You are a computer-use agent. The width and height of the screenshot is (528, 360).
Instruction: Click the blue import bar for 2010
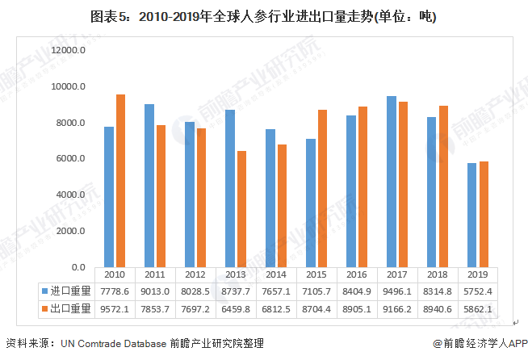coord(109,197)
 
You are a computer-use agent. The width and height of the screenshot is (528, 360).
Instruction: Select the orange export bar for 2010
coord(120,181)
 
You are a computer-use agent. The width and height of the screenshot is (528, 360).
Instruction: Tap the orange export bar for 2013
coord(241,209)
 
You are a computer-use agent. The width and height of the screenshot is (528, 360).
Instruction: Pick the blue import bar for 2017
coord(392,182)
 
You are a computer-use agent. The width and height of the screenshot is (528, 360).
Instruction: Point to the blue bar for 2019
coord(471,215)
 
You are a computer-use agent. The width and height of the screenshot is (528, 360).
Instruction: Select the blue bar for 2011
coord(149,186)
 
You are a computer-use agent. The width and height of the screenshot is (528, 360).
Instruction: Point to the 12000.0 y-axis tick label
coord(69,50)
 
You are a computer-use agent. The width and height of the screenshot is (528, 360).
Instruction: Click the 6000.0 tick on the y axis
coord(71,159)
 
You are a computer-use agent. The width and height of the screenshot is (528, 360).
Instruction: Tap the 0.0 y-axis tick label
coord(78,267)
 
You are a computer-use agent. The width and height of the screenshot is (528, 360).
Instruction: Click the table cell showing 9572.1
coord(115,308)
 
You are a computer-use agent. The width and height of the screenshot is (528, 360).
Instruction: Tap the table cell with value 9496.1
coord(397,290)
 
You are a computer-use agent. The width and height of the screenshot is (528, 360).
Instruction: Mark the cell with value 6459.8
coord(236,308)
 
